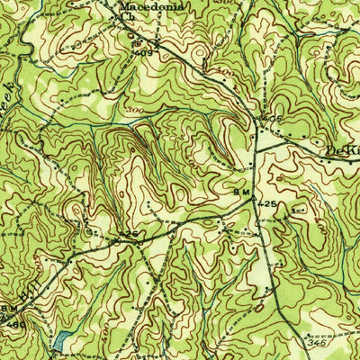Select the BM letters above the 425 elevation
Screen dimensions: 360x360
(x=242, y=193)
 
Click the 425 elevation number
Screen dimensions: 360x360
(x=268, y=204)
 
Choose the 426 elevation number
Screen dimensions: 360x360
(x=130, y=234)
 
